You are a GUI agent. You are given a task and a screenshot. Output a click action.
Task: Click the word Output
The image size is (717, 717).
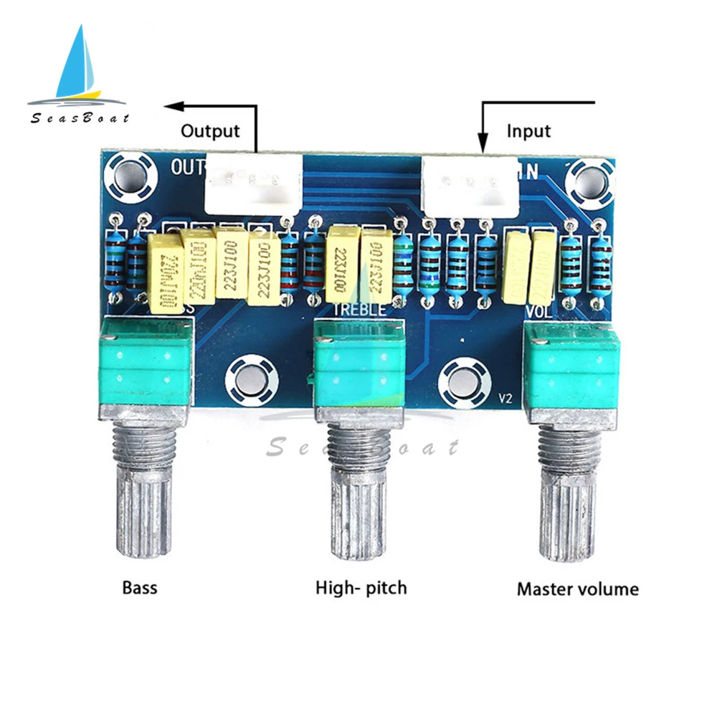pyautogui.click(x=209, y=131)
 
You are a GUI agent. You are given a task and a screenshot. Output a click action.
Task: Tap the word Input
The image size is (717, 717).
pyautogui.click(x=528, y=131)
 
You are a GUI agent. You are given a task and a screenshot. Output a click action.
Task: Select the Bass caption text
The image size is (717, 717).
pyautogui.click(x=139, y=589)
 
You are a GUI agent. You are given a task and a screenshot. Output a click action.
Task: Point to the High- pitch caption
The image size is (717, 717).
pyautogui.click(x=361, y=589)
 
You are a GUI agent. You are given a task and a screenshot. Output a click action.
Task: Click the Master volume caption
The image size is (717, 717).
pyautogui.click(x=577, y=590)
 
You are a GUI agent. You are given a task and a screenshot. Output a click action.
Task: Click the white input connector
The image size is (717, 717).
pyautogui.click(x=470, y=184)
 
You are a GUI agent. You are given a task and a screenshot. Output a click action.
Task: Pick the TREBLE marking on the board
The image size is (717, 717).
pyautogui.click(x=362, y=310)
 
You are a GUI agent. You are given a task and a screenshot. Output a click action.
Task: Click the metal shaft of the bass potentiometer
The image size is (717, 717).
pyautogui.click(x=142, y=495)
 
